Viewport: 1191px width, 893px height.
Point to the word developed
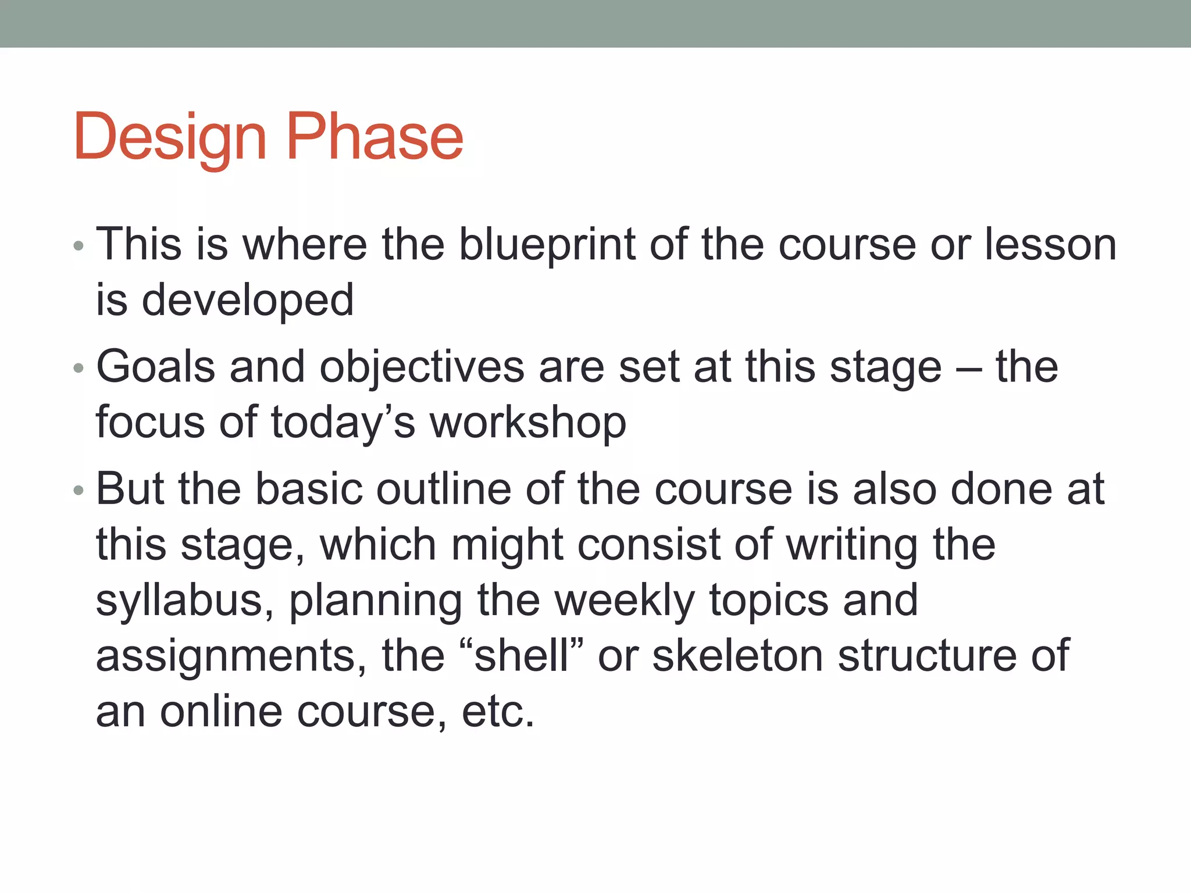click(x=248, y=300)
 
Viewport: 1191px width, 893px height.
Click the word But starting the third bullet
click(x=130, y=489)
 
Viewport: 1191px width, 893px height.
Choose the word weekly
click(x=625, y=601)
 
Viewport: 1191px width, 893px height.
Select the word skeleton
click(x=738, y=656)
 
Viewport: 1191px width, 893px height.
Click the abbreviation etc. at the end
click(x=498, y=712)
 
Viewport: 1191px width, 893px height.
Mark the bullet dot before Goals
click(x=79, y=369)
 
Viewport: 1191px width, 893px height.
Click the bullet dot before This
click(x=79, y=247)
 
